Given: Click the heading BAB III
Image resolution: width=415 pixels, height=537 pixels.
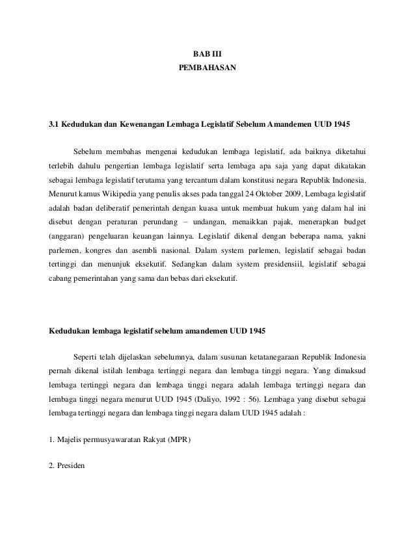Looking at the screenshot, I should [x=207, y=53].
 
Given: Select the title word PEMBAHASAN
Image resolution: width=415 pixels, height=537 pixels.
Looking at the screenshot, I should [x=207, y=68].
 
